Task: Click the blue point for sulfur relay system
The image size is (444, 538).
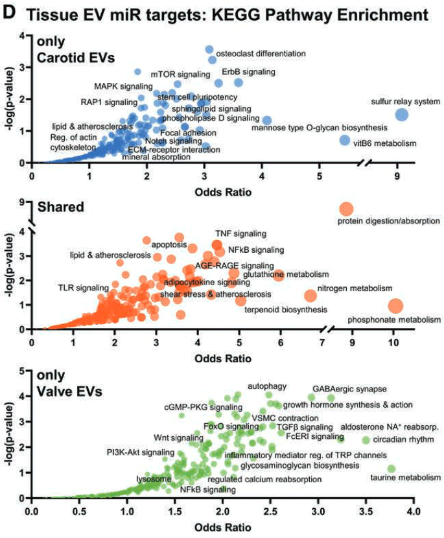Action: tap(401, 115)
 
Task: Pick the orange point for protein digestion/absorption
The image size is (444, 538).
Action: tap(345, 209)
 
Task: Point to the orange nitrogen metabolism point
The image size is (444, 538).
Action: tap(310, 296)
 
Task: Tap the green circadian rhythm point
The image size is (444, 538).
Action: tap(366, 440)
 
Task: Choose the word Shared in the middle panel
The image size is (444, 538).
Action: tap(54, 207)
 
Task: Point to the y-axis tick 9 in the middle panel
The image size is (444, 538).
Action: tap(23, 203)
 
